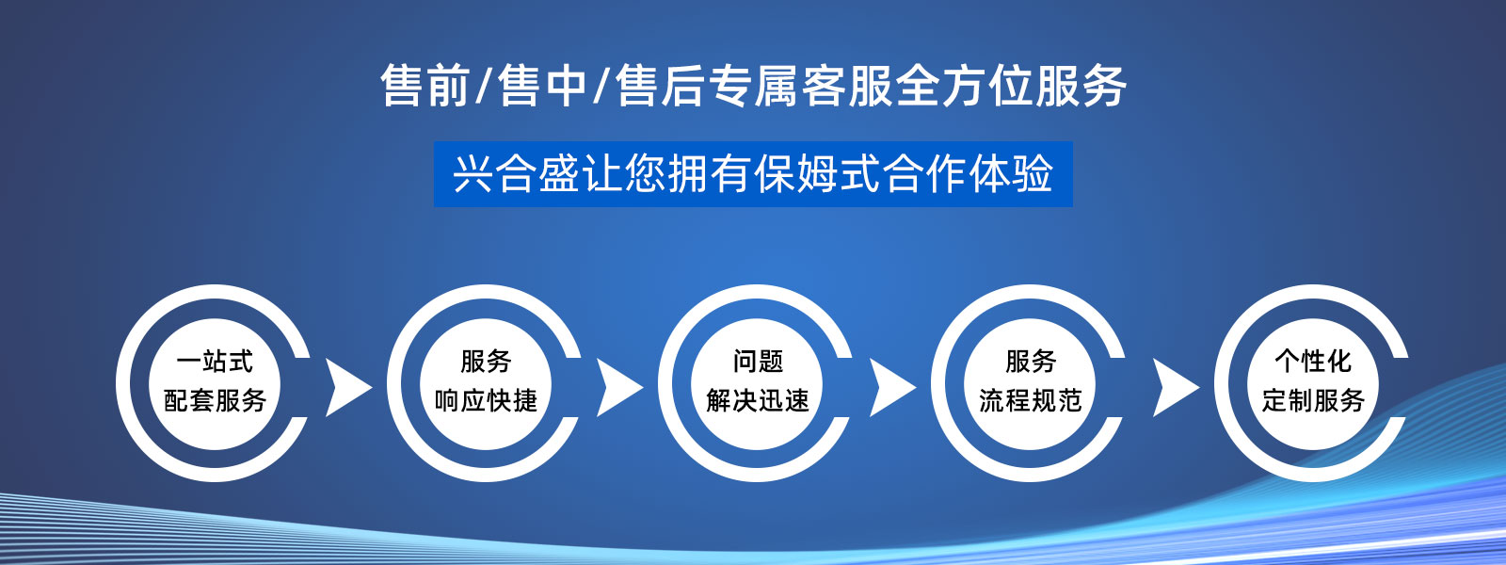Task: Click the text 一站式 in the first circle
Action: point(215,361)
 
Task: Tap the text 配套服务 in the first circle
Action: point(215,400)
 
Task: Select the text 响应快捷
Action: point(486,400)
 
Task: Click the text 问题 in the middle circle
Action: point(758,361)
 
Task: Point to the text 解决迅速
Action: point(758,400)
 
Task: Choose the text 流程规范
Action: point(1031,400)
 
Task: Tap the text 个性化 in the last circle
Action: point(1313,361)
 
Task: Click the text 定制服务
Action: point(1313,400)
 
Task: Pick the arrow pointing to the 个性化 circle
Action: point(1174,387)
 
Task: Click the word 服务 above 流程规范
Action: point(1031,361)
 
